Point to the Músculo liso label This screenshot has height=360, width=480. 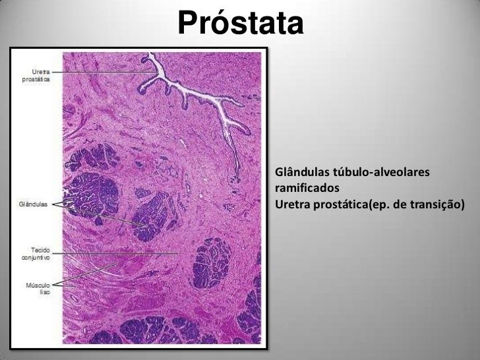tap(38, 288)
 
